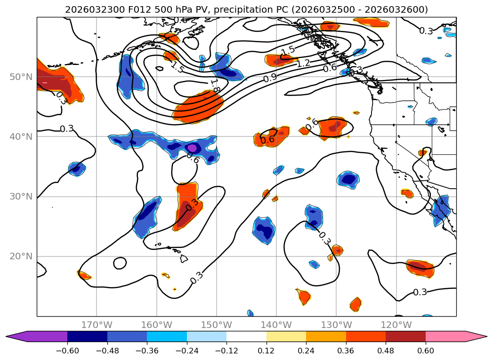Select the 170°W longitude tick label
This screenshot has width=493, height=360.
97,325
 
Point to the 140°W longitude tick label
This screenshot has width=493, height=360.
276,325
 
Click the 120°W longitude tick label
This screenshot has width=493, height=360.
396,325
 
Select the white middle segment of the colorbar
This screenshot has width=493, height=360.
246,336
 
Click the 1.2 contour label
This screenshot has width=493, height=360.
303,63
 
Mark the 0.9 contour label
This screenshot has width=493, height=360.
270,78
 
